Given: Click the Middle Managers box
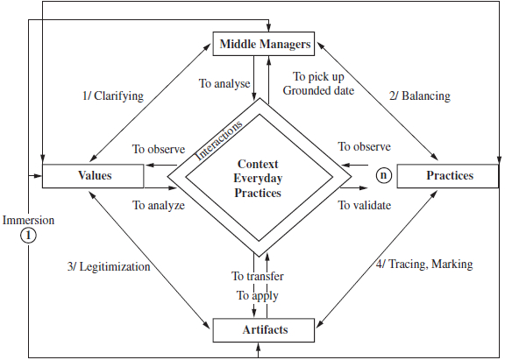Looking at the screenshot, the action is (x=263, y=44).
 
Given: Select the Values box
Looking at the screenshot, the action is (x=93, y=176).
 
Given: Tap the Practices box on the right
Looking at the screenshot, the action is (x=448, y=176).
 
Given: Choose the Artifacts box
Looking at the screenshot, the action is (x=263, y=330).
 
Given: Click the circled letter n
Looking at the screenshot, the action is (x=384, y=175).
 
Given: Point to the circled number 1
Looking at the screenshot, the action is (x=28, y=236).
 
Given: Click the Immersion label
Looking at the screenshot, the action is (x=28, y=221).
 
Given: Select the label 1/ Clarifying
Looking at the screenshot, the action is (x=113, y=96).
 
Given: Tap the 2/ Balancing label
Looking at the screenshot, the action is (x=420, y=96).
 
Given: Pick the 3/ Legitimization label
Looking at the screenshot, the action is (x=109, y=267).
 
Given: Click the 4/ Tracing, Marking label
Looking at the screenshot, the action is (x=424, y=265).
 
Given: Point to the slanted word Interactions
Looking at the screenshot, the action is (x=218, y=141).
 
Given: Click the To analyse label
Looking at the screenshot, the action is (x=224, y=83).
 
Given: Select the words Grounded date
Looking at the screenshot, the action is (x=318, y=91).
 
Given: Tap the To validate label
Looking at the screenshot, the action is (x=364, y=205).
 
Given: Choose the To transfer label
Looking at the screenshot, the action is (x=258, y=277).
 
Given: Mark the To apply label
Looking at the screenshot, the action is (x=258, y=296).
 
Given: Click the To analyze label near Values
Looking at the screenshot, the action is (x=159, y=205).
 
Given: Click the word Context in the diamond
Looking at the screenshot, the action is (x=258, y=164).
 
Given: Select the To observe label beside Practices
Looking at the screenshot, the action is (x=364, y=146).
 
